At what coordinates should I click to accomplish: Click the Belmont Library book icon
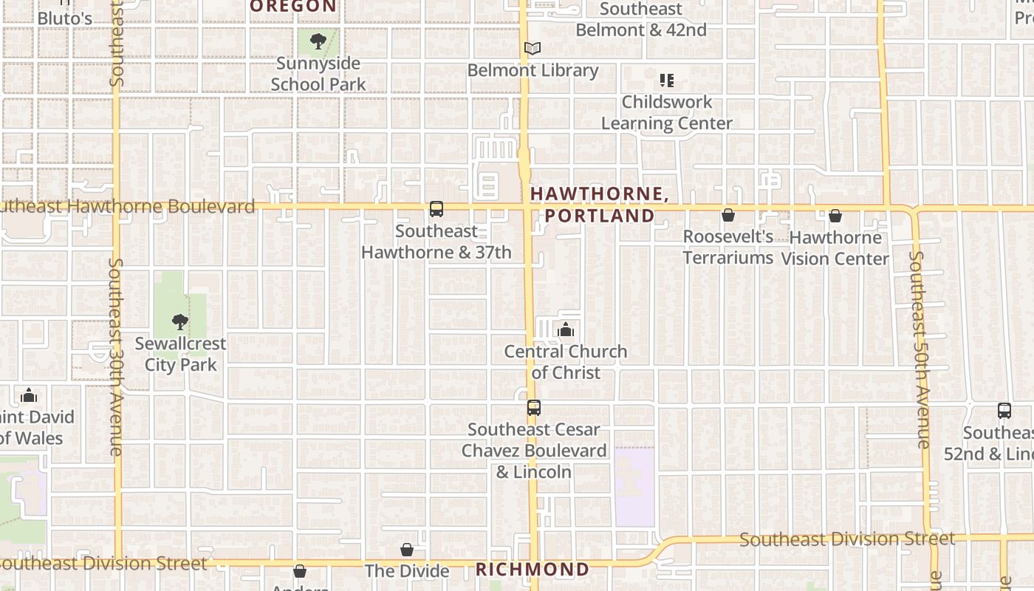[533, 49]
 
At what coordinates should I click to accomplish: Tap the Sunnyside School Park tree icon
[318, 41]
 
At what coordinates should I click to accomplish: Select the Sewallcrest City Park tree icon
[179, 322]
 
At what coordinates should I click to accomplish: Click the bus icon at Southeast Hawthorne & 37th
[436, 209]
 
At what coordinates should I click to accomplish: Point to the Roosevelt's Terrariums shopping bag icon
[728, 215]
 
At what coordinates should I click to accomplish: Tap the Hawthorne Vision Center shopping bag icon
[835, 216]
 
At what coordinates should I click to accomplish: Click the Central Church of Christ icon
[566, 329]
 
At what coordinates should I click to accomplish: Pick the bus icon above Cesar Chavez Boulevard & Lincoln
[534, 408]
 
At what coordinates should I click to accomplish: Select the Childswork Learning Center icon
[667, 80]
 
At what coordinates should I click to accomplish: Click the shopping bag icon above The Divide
[407, 550]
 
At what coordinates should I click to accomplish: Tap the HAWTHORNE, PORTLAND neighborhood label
[599, 205]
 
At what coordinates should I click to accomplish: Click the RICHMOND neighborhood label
[533, 570]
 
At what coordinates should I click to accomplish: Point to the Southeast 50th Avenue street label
[920, 349]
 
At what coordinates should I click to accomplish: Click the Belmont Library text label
[533, 70]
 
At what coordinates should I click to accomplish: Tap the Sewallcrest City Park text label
[180, 354]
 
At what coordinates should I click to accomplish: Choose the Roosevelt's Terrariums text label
[727, 247]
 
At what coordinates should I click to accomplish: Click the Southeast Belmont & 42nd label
[641, 20]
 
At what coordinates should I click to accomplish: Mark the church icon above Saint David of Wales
[29, 395]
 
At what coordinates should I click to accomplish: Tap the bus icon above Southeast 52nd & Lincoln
[1004, 411]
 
